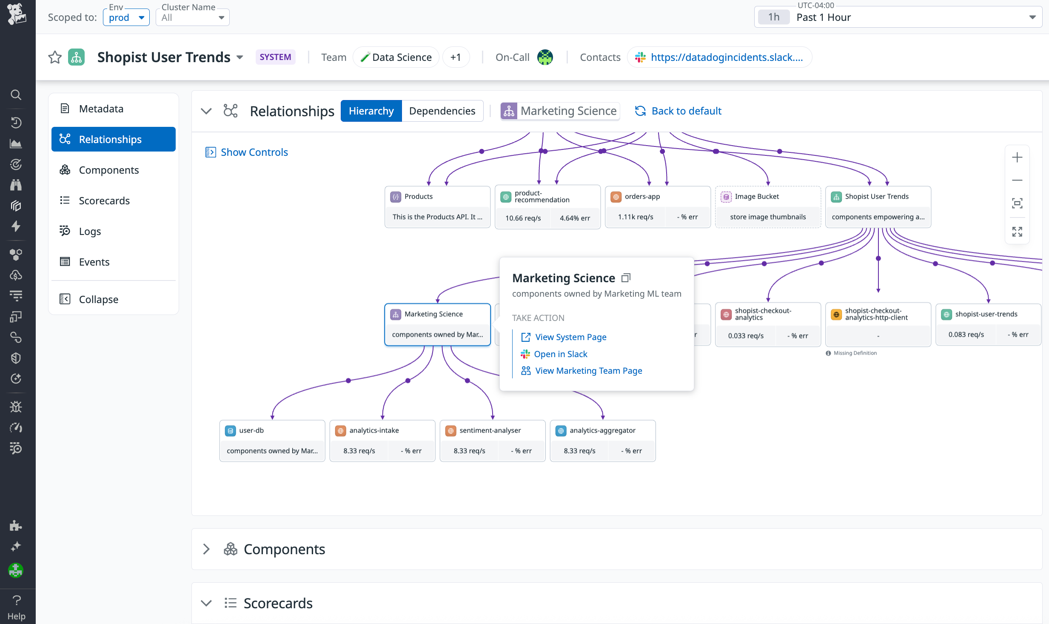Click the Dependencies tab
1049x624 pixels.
pos(442,111)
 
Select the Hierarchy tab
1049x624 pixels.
pos(371,111)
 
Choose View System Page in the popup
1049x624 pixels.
pos(570,337)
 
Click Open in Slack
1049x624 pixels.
pos(560,354)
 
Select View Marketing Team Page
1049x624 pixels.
pos(588,371)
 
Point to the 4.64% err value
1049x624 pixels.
pos(575,218)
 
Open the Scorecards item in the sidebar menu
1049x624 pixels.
pos(104,201)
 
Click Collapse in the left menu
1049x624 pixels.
pos(98,300)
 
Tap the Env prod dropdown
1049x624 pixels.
pos(126,18)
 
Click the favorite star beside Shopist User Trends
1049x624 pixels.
pos(55,57)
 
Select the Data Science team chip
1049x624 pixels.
pos(396,57)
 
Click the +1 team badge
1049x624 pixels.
pos(456,57)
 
